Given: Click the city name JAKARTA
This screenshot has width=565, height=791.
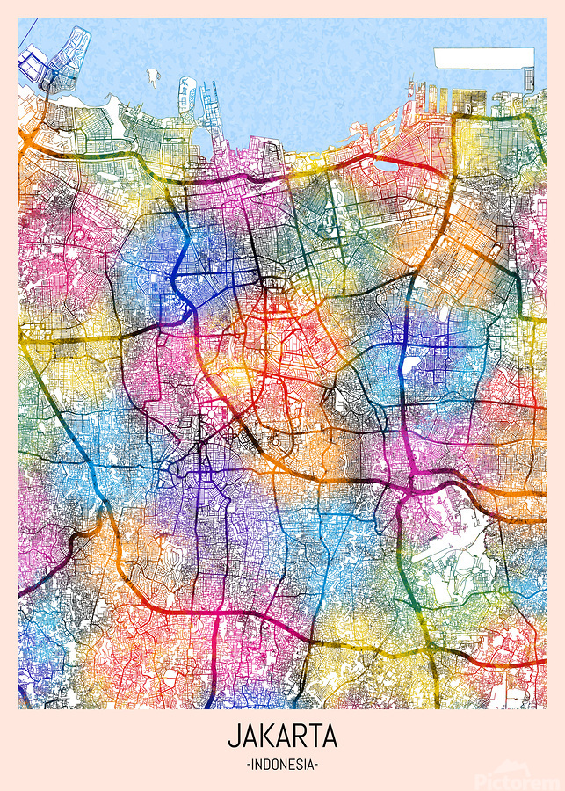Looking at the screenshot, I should tap(282, 735).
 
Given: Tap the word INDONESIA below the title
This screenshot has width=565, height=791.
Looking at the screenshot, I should tap(282, 765).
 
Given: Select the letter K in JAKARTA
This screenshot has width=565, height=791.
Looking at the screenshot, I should tap(267, 735).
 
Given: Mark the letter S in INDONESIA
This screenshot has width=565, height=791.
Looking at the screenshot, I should tap(297, 765).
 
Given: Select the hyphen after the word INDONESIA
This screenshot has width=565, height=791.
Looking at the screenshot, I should tap(316, 765).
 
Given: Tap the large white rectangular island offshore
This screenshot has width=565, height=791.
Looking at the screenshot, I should tap(482, 58).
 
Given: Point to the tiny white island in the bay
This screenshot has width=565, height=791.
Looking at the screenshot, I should tap(153, 76).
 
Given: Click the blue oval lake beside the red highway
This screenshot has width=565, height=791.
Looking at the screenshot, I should tap(388, 163).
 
